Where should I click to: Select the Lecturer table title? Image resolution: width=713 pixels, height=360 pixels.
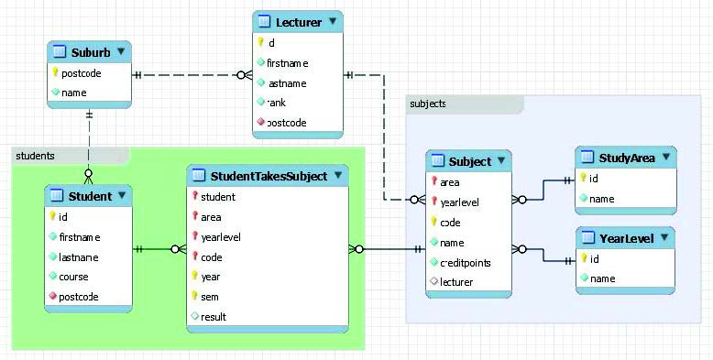(x=300, y=21)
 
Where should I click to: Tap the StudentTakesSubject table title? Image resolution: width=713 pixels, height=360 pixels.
(x=269, y=176)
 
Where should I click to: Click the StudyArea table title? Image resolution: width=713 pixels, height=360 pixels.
(x=627, y=158)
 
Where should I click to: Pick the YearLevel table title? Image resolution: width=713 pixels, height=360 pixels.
(x=627, y=239)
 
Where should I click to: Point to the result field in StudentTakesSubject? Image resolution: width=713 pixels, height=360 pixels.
(x=214, y=317)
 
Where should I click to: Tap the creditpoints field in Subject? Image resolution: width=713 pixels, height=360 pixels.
(x=466, y=263)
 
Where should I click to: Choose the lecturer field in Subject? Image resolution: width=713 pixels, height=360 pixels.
(x=456, y=282)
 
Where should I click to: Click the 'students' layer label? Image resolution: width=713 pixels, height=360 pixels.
(x=36, y=156)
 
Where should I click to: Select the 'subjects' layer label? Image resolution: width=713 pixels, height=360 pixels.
(x=429, y=104)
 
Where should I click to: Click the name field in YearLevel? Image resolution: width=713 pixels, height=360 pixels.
(x=602, y=278)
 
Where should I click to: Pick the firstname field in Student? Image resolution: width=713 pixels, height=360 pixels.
(x=80, y=236)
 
